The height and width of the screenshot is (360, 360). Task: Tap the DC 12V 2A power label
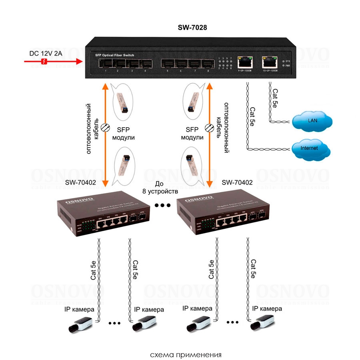click(x=46, y=53)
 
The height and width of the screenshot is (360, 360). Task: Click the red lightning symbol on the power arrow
click(x=45, y=61)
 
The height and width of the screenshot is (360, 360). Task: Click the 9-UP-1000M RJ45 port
click(x=244, y=62)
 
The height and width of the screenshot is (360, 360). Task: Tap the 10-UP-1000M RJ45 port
click(x=269, y=62)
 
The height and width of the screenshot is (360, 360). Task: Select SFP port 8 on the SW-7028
click(x=207, y=64)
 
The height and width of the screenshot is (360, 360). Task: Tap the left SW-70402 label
click(x=80, y=182)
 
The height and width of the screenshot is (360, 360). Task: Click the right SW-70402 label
click(x=237, y=182)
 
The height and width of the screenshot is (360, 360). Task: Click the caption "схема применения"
click(x=186, y=355)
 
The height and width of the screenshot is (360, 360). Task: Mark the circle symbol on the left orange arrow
click(x=105, y=127)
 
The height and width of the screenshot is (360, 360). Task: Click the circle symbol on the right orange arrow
click(x=209, y=128)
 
